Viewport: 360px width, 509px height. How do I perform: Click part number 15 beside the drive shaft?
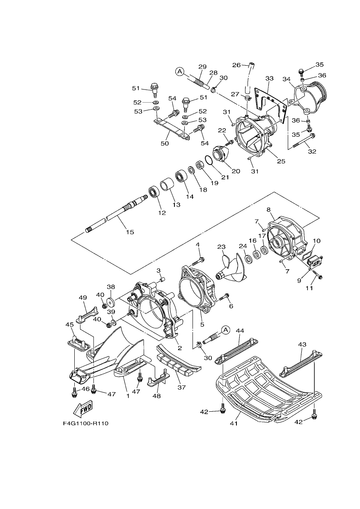click(x=130, y=232)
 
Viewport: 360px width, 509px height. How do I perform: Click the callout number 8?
click(x=268, y=209)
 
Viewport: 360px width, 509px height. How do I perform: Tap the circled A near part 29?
click(x=180, y=71)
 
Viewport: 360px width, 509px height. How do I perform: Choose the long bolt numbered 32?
click(x=303, y=141)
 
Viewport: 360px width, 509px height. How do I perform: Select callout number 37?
click(x=181, y=387)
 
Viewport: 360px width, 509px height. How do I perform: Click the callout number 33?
click(x=270, y=79)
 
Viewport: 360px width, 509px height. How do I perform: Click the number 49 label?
click(x=83, y=298)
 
